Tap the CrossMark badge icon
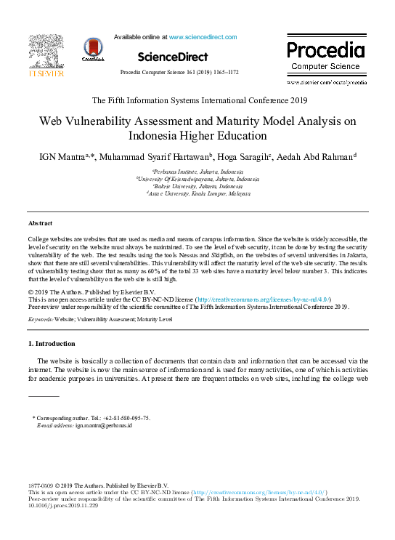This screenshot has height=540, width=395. point(93,49)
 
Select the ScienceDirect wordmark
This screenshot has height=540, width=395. point(172,57)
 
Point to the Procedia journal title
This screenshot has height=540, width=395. point(325,51)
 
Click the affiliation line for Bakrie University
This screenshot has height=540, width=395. point(198,187)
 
